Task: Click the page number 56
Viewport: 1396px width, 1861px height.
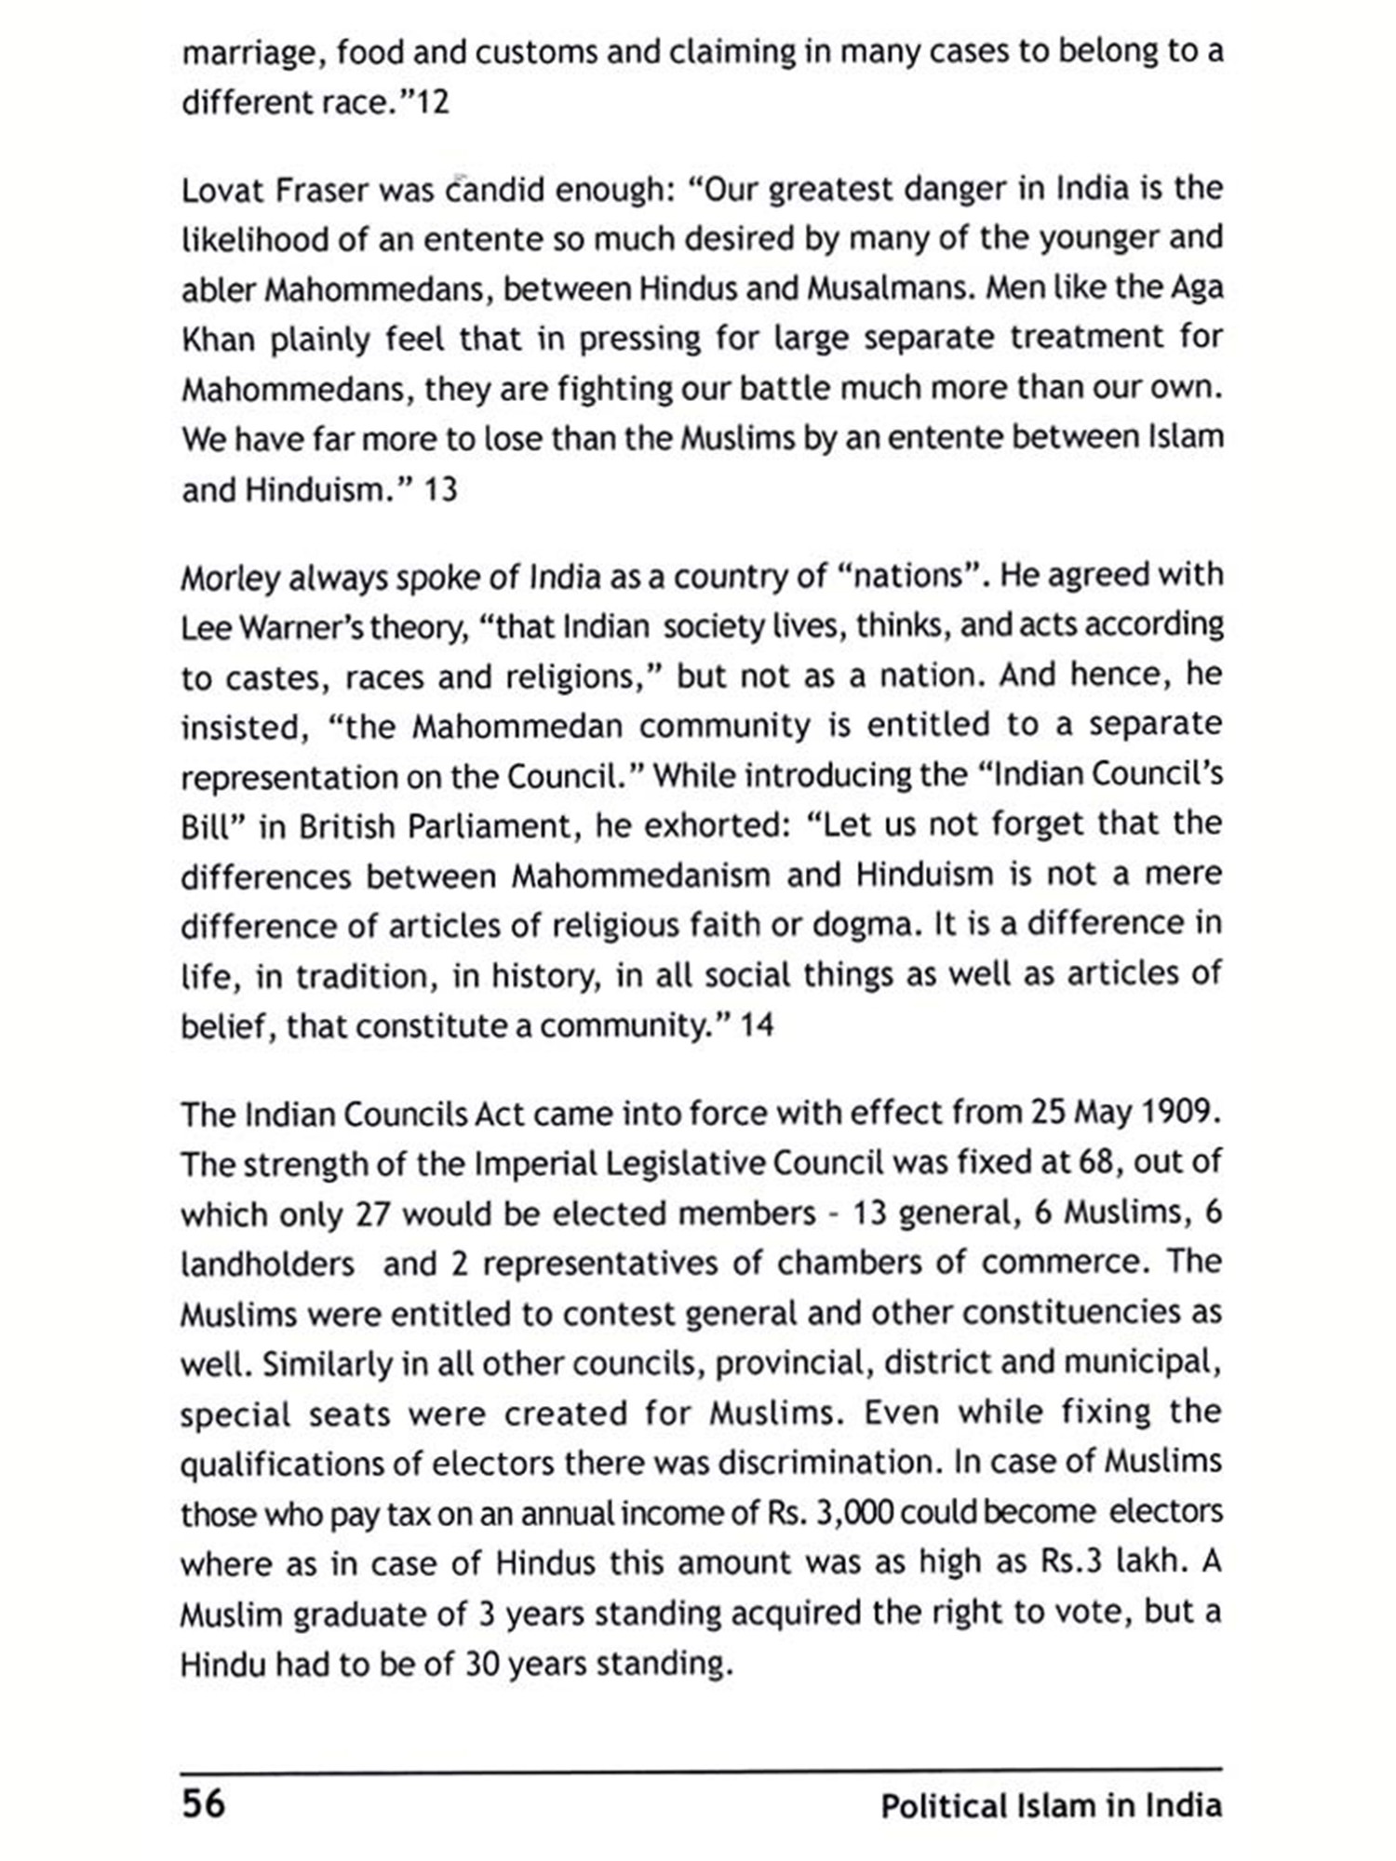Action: [x=203, y=1802]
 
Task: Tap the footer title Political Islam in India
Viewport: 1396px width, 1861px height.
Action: [x=1051, y=1806]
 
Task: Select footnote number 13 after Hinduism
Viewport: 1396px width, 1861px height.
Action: [x=440, y=489]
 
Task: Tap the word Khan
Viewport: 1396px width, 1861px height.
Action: [x=218, y=341]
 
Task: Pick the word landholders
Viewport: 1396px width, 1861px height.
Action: [x=267, y=1265]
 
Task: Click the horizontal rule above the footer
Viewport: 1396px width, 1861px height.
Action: [x=701, y=1768]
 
